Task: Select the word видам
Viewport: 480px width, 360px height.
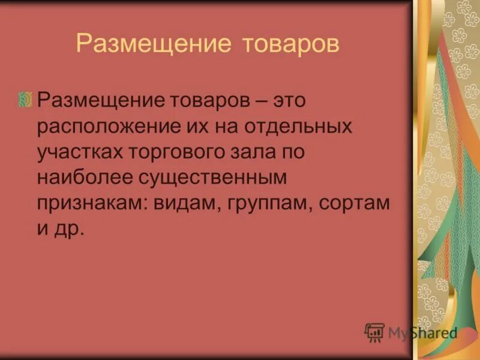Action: (x=182, y=203)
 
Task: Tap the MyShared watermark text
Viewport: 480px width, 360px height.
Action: (x=422, y=332)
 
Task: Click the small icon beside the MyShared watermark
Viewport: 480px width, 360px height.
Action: (x=374, y=332)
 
